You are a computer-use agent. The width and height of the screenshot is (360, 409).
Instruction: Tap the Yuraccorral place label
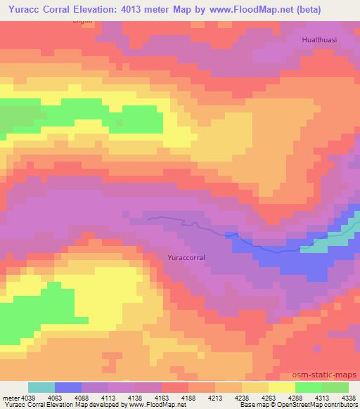pos(186,258)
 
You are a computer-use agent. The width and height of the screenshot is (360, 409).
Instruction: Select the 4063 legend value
pos(54,398)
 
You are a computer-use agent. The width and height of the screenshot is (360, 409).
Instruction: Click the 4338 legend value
pos(347,398)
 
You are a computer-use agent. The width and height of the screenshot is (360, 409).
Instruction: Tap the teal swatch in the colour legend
pos(41,387)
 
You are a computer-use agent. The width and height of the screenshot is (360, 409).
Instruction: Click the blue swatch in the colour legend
pos(67,387)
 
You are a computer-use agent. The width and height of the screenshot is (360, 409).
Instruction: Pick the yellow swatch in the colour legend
pos(281,387)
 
